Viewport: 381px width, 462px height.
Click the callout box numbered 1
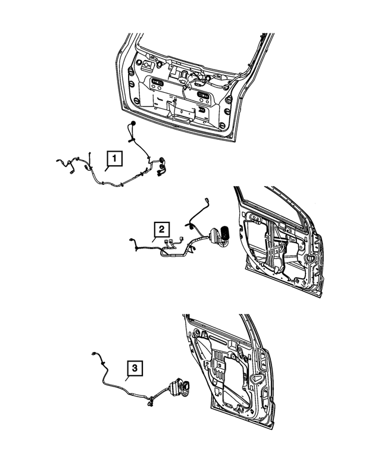114,159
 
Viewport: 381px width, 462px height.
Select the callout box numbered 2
160,229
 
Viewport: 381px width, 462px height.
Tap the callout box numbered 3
135,369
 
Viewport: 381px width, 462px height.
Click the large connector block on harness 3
179,390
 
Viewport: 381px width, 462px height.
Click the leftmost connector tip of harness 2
130,240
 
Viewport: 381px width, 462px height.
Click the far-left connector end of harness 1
58,162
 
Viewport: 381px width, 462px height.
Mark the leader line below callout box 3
127,380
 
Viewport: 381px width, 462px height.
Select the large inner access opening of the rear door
223,369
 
